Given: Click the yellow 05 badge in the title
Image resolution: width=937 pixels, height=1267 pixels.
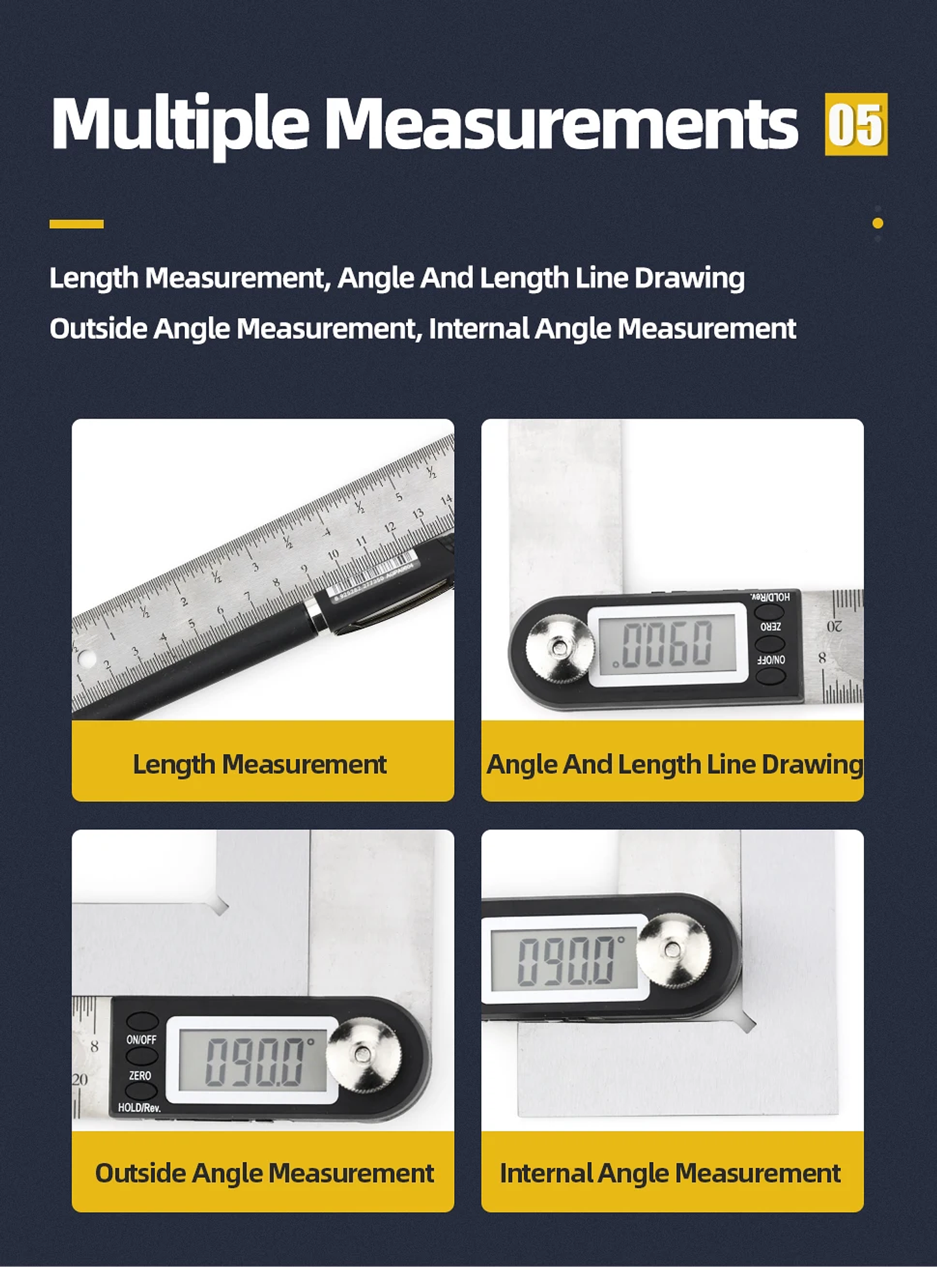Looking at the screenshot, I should click(856, 124).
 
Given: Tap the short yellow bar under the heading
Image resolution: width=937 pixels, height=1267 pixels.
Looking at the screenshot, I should click(76, 224).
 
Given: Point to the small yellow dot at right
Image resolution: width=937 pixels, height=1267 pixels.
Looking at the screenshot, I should click(878, 223).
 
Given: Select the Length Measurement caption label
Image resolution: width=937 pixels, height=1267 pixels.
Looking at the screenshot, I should click(260, 764).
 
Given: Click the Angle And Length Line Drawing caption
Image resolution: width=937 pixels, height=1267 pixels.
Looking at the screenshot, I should click(674, 764).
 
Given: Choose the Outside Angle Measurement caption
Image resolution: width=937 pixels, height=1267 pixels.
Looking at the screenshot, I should click(264, 1173).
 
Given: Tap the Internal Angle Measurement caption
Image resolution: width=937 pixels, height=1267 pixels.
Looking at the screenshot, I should click(670, 1173).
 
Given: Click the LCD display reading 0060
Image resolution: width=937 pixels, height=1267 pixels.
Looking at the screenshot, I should click(668, 643).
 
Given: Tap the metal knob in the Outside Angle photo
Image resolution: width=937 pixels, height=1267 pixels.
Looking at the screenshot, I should click(364, 1055).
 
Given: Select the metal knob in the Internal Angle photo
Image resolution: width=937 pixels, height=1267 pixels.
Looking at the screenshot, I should click(673, 951).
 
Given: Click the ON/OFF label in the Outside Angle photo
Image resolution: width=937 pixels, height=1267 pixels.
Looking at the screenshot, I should click(141, 1040).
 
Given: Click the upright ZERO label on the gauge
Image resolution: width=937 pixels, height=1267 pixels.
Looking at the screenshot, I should click(140, 1076).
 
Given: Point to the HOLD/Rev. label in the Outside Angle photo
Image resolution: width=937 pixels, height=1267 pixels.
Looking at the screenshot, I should click(139, 1107).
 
